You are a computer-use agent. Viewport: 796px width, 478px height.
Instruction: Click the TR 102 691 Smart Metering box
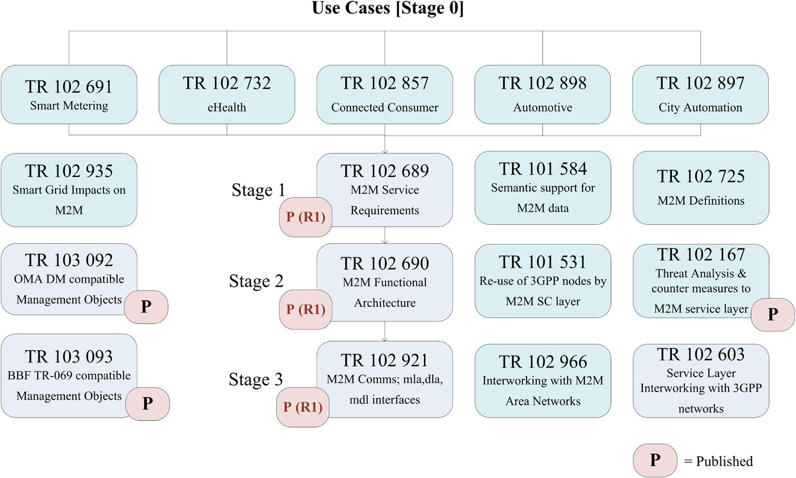click(69, 95)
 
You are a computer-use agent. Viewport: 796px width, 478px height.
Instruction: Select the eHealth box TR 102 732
click(227, 95)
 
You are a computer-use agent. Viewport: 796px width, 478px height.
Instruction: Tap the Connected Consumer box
click(385, 95)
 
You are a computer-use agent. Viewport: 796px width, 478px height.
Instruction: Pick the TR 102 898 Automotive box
click(542, 95)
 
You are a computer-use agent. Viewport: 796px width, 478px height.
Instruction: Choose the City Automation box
click(700, 95)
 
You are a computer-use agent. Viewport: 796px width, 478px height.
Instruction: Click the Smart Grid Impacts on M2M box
click(69, 188)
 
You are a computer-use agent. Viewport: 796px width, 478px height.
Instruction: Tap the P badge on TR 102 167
click(772, 314)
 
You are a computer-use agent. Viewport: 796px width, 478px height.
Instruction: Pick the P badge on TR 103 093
click(147, 404)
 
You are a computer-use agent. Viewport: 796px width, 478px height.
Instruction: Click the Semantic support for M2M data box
click(542, 188)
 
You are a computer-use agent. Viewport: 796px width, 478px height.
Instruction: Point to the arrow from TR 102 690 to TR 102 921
click(385, 331)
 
